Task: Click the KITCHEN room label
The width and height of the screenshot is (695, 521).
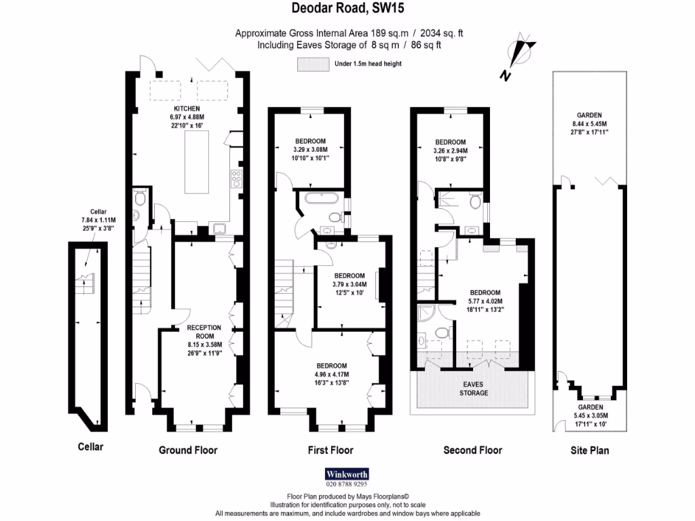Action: click(x=187, y=109)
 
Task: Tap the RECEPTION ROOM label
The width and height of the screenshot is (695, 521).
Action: click(x=200, y=332)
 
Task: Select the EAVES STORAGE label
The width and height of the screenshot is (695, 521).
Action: click(x=473, y=388)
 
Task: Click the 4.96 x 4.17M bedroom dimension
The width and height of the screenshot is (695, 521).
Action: click(x=331, y=374)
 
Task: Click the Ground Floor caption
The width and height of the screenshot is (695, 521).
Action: click(x=188, y=450)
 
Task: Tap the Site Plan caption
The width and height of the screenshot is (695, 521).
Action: click(x=589, y=450)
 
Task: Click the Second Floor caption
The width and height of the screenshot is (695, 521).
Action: click(x=472, y=450)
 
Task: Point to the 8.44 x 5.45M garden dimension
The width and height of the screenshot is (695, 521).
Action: click(x=589, y=123)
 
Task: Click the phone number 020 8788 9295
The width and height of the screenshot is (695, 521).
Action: click(x=347, y=484)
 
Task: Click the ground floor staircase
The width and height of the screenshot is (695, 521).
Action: click(x=140, y=278)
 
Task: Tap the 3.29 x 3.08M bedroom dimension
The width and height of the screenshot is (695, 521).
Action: click(x=310, y=149)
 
